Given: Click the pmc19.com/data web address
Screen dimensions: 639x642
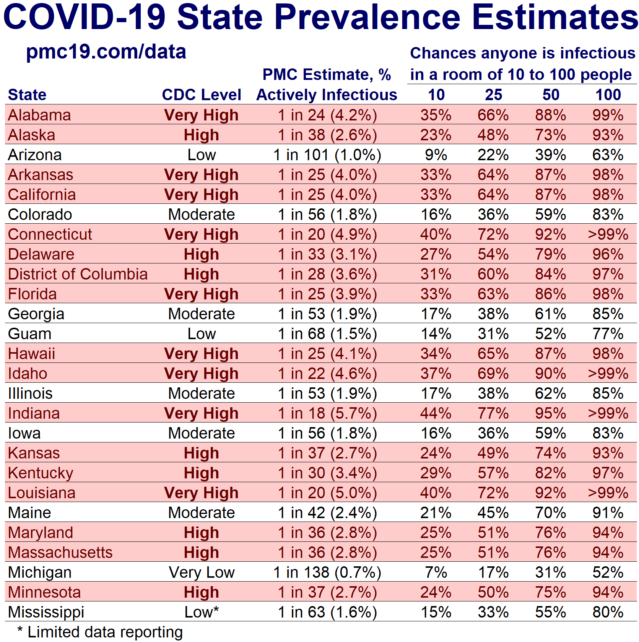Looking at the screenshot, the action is tap(106, 52).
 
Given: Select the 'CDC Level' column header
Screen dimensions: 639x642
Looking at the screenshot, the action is tap(202, 95).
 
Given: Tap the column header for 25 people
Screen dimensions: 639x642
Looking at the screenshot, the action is tap(493, 95).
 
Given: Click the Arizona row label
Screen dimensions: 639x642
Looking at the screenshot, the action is tap(35, 155).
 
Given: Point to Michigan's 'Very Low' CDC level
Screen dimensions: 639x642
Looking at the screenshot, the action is tap(202, 572).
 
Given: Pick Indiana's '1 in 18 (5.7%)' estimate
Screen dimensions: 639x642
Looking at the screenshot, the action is tap(327, 413).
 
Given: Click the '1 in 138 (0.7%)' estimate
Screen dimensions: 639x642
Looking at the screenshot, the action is tap(327, 572).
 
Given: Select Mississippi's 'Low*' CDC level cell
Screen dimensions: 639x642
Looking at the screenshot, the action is tap(202, 612).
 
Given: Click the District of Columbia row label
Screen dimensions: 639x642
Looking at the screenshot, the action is tap(78, 274).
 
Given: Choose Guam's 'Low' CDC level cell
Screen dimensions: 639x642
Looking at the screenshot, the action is tap(202, 334).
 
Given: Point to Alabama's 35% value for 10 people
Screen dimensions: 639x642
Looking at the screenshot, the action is tap(436, 115).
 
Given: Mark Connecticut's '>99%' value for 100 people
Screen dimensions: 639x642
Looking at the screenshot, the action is tap(608, 234).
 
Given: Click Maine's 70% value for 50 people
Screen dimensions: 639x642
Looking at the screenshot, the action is tap(551, 513).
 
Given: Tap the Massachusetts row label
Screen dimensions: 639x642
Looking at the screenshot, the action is tap(60, 553).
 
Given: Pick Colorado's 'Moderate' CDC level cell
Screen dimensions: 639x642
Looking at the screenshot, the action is tap(202, 215).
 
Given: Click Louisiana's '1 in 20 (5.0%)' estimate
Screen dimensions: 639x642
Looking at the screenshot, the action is tap(327, 493).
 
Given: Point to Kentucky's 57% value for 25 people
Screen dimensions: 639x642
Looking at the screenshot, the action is tap(493, 473).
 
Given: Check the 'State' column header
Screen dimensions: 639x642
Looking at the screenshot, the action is tap(27, 95).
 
